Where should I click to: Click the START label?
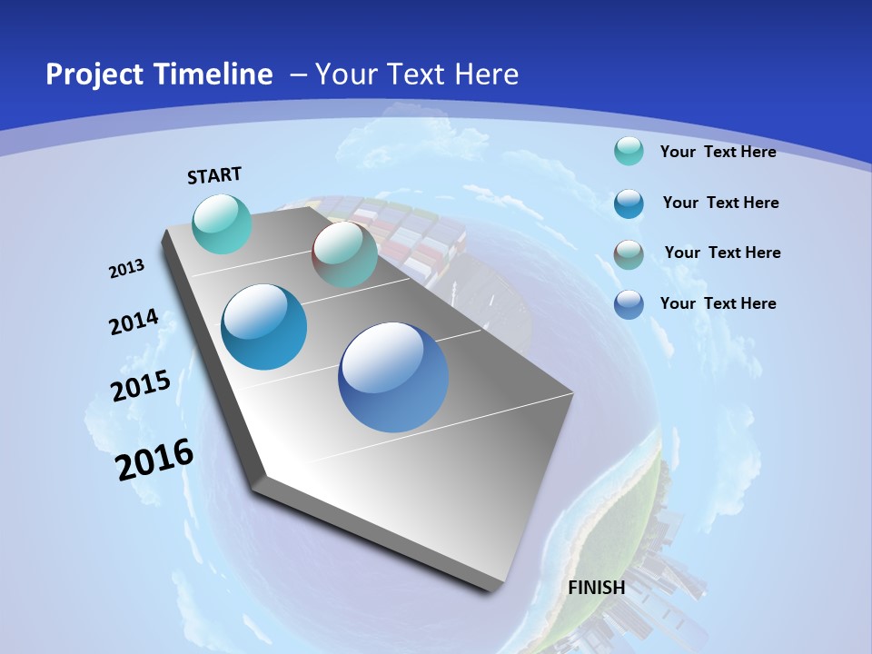tap(214, 175)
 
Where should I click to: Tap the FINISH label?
tap(597, 587)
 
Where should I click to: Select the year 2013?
tap(127, 269)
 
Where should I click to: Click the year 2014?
tap(134, 322)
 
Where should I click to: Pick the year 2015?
tap(141, 386)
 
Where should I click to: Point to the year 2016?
tap(155, 460)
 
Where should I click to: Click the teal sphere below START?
tap(223, 224)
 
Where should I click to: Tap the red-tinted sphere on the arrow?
tap(344, 255)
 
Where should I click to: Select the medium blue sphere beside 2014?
tap(264, 327)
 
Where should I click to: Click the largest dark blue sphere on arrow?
tap(393, 377)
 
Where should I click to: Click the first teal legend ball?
tap(629, 152)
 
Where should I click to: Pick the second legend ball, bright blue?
tap(629, 203)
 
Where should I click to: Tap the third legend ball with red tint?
tap(629, 253)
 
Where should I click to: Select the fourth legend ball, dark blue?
tap(629, 304)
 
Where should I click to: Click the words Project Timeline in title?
tap(159, 74)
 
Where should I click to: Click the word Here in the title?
tap(486, 74)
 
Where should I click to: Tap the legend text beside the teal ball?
tap(718, 152)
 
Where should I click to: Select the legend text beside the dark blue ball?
tap(718, 303)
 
